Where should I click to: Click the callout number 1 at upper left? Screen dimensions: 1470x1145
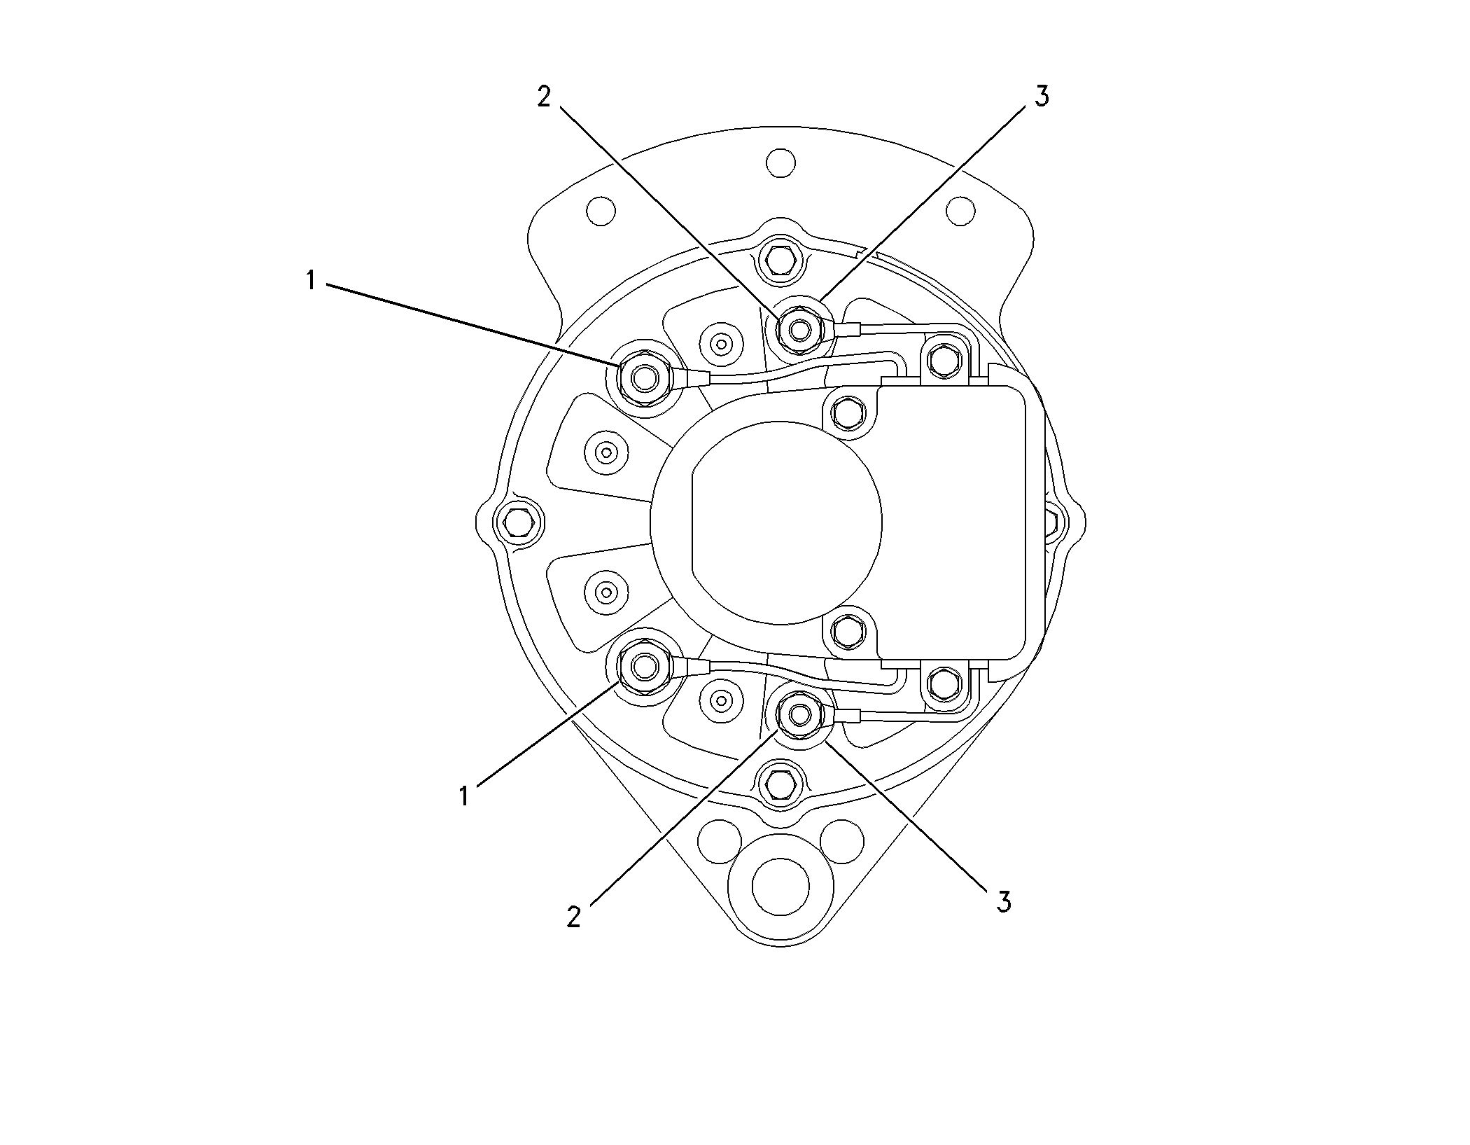tap(311, 281)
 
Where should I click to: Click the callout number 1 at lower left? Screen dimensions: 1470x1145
tap(464, 796)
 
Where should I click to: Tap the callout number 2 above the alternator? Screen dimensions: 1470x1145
tap(544, 97)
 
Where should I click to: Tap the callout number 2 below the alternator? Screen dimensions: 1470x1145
tap(574, 917)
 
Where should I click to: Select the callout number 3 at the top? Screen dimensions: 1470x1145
tap(1042, 97)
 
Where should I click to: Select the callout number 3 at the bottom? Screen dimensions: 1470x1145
tap(1004, 902)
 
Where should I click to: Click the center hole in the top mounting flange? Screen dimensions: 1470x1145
tap(780, 162)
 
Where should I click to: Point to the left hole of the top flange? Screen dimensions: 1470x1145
tap(601, 210)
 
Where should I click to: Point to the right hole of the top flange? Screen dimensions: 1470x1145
tap(960, 210)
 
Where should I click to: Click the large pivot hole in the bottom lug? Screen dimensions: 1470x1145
tap(780, 887)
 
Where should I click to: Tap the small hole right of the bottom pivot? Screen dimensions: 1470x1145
tap(841, 840)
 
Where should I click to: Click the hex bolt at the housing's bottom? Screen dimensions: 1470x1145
tap(780, 779)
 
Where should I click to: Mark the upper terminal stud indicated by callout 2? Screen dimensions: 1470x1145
tap(799, 327)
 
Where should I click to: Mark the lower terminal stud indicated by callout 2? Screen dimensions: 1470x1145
tap(799, 715)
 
